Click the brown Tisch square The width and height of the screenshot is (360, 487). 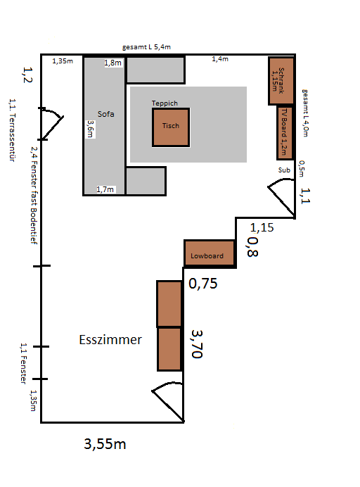(171, 127)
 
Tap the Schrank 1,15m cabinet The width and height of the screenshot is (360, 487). (281, 80)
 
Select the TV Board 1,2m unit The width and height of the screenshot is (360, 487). (285, 133)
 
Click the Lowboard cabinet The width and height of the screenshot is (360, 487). (210, 253)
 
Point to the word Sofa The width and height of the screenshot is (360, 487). (106, 114)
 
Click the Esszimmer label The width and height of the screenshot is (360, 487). (110, 339)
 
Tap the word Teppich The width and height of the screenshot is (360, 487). (165, 103)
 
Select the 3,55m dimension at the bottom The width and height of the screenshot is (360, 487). (105, 444)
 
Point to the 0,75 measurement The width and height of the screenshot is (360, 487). (203, 284)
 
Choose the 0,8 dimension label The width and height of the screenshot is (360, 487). (252, 247)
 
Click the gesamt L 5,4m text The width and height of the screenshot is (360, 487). (146, 47)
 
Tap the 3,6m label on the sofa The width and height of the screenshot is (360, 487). (90, 129)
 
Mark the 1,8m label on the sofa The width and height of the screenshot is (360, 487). (112, 63)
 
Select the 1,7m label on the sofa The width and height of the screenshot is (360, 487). (105, 189)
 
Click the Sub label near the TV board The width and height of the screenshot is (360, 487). (284, 170)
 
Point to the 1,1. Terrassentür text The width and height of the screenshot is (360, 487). (12, 129)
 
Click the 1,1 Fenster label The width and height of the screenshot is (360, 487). (24, 363)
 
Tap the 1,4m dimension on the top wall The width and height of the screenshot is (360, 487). (220, 58)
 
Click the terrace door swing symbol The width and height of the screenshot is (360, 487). (51, 124)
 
